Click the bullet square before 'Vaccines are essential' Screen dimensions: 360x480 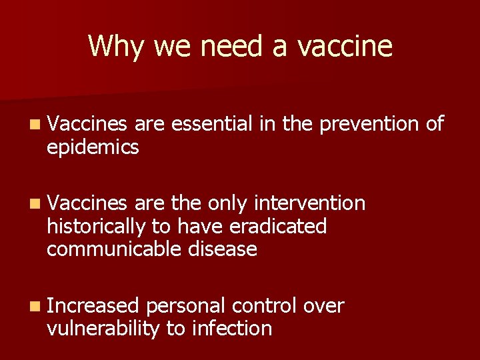point(35,124)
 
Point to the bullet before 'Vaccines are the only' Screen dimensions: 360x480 point(35,203)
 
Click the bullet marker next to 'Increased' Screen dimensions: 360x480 point(35,307)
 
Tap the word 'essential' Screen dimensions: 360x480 point(211,123)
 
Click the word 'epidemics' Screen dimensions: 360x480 point(93,147)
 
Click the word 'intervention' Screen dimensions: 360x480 point(310,203)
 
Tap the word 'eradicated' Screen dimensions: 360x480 point(278,226)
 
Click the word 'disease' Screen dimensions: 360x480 point(223,249)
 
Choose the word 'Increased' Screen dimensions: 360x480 point(93,306)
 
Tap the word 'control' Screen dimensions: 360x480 point(264,306)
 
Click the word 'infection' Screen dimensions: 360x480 point(232,329)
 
